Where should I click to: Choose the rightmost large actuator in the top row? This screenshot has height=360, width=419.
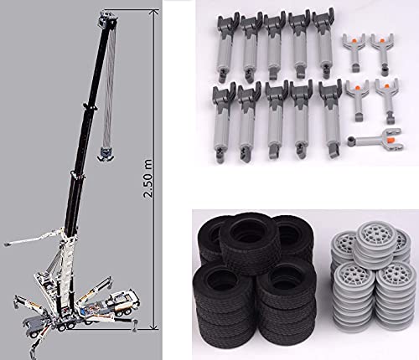(x=323, y=42)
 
